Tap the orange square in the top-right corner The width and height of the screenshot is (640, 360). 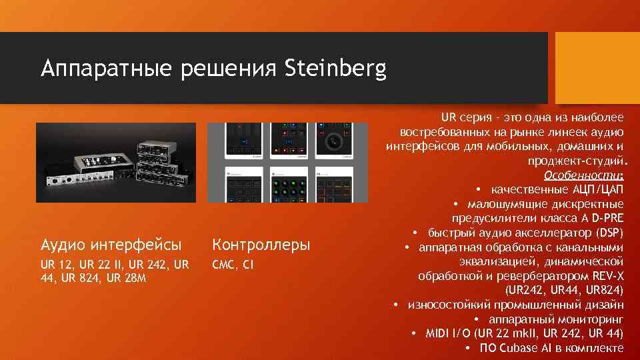597,55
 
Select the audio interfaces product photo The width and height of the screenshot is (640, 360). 116,162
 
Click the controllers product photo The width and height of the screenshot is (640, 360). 287,162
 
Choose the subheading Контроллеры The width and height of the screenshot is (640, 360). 261,245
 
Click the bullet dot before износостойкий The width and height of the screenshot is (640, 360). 396,305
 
